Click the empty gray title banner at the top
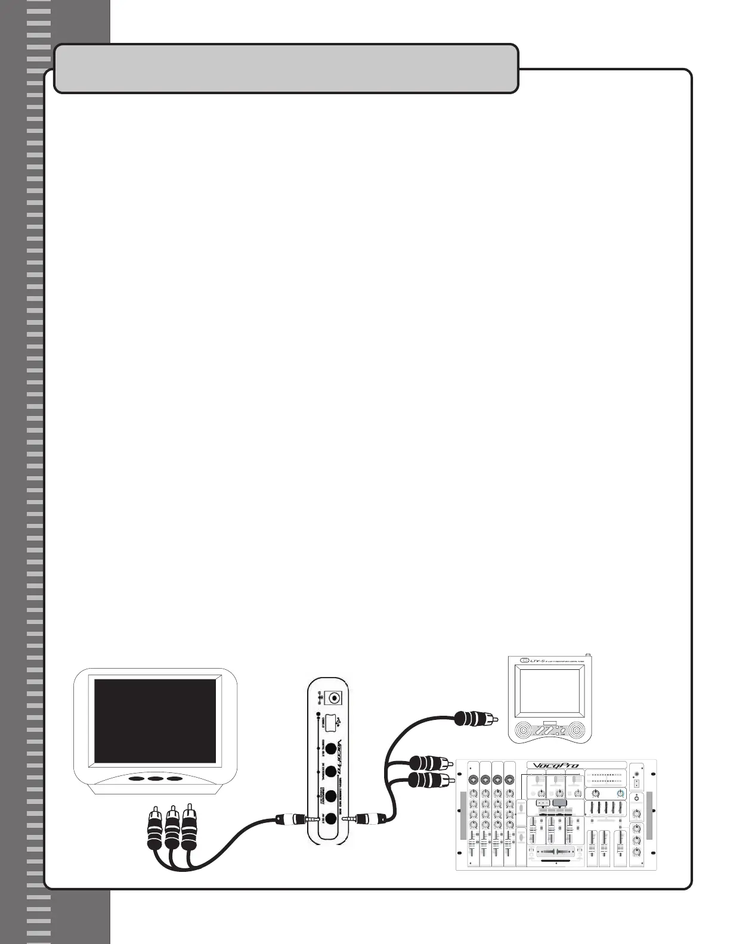(286, 69)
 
